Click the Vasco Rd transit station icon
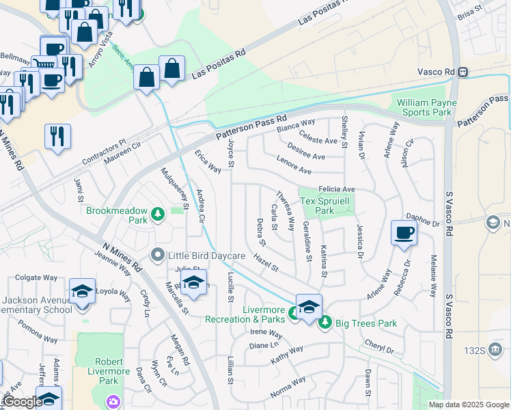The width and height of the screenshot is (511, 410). click(463, 72)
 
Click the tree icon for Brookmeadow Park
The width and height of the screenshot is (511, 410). click(158, 215)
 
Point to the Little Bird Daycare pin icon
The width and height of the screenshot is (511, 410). click(158, 256)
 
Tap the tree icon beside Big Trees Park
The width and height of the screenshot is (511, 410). click(326, 320)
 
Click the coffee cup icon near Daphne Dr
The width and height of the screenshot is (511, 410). click(404, 232)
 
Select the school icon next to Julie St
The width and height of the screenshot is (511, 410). click(194, 283)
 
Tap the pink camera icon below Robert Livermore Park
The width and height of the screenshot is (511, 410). click(111, 402)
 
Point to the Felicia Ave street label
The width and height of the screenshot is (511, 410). click(337, 189)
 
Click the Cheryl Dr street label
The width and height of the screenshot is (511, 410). click(379, 347)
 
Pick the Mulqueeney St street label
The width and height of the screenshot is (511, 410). click(174, 188)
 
